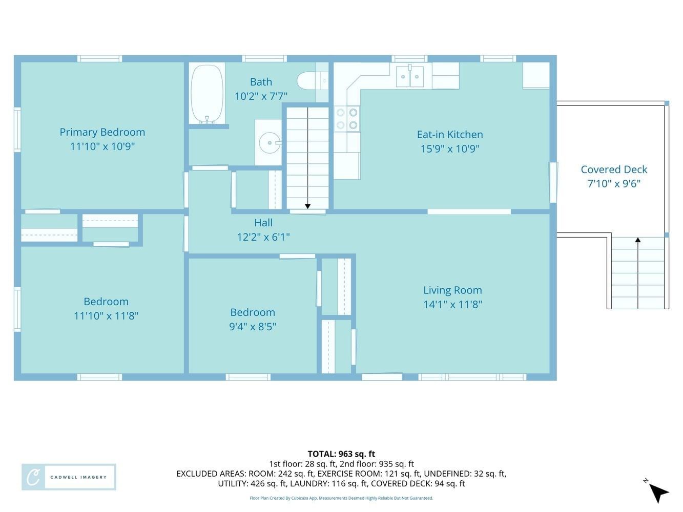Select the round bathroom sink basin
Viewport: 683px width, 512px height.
tap(270, 143)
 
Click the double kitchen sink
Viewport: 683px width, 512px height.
tap(409, 76)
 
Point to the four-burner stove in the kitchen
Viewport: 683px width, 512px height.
tap(347, 118)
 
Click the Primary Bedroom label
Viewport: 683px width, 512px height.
tap(102, 132)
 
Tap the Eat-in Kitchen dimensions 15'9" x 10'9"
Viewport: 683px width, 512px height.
tap(450, 148)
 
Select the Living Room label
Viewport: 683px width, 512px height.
tap(452, 290)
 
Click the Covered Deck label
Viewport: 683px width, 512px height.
tap(614, 169)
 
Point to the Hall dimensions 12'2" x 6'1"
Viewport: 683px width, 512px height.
tap(263, 237)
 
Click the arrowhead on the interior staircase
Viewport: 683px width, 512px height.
tap(307, 206)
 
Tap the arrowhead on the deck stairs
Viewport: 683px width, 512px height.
tap(637, 240)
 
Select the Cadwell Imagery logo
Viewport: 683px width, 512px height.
tap(69, 477)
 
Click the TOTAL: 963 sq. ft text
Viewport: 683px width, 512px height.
tap(341, 454)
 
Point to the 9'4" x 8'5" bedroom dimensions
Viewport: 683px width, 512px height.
tap(253, 327)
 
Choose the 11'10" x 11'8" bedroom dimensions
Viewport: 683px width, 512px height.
tap(106, 316)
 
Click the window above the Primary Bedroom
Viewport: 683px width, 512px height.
tap(99, 58)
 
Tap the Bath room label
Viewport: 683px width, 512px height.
tap(261, 82)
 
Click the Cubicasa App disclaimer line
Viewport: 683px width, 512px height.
tap(341, 498)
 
